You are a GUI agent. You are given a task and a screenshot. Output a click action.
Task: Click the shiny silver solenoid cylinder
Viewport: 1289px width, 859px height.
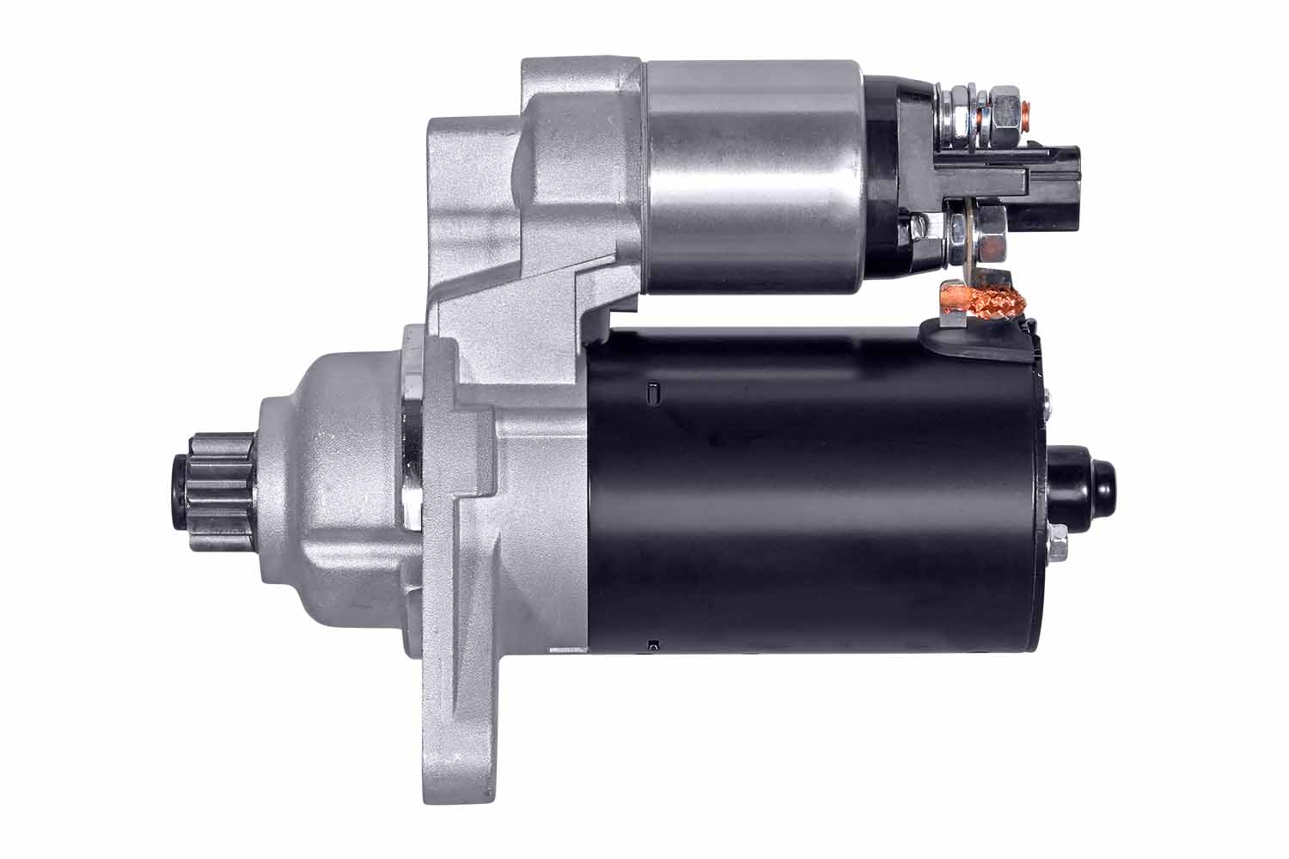(x=752, y=176)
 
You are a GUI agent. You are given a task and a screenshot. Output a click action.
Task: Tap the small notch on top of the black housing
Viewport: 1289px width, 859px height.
(x=651, y=393)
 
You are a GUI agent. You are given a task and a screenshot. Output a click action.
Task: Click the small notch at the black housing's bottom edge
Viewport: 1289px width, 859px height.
(x=653, y=643)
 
